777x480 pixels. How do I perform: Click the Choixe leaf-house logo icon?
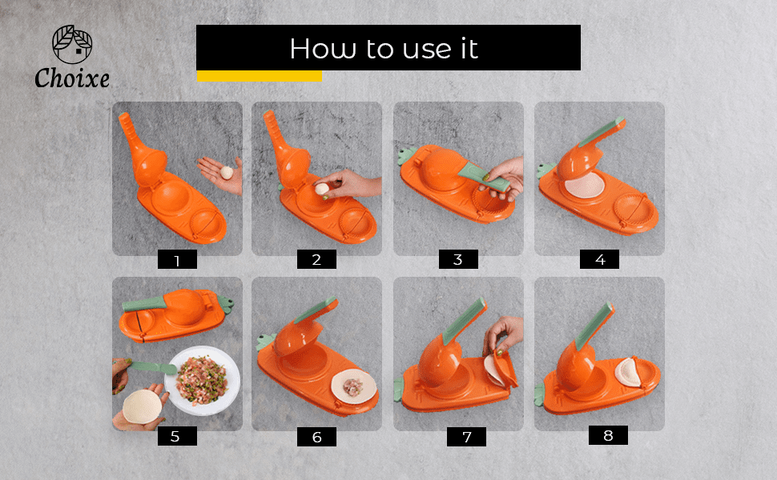(72, 44)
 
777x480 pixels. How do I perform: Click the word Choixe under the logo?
(72, 78)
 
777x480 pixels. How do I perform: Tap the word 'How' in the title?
(323, 49)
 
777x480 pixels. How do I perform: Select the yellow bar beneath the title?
(260, 76)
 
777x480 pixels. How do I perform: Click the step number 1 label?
(177, 259)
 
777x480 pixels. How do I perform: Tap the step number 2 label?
(316, 259)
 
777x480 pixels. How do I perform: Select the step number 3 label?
(458, 259)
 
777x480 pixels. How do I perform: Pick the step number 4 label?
(600, 259)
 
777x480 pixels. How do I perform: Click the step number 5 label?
(177, 436)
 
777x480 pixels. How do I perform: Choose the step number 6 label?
(316, 437)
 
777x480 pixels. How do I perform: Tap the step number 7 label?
(466, 437)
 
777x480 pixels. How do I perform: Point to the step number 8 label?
(608, 435)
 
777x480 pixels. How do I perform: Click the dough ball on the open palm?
(227, 172)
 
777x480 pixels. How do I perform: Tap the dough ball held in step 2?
(322, 189)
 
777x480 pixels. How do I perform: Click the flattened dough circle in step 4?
(585, 185)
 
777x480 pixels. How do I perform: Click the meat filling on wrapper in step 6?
(352, 387)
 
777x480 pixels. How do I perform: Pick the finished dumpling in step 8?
(628, 372)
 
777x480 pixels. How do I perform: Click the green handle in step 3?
(484, 177)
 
